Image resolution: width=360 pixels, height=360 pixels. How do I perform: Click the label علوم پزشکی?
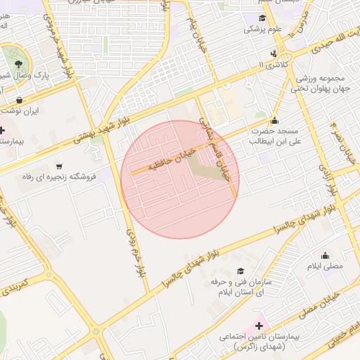[262, 30]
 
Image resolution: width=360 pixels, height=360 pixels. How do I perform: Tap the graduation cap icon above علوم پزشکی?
[262, 18]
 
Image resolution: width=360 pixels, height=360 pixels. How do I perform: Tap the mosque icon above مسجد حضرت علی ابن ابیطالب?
[274, 119]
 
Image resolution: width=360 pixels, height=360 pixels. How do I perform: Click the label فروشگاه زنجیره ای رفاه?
[56, 176]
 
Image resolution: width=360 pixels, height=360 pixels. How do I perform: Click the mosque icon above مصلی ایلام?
[325, 256]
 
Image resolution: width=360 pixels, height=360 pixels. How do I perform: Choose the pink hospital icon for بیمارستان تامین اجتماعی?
[259, 326]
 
